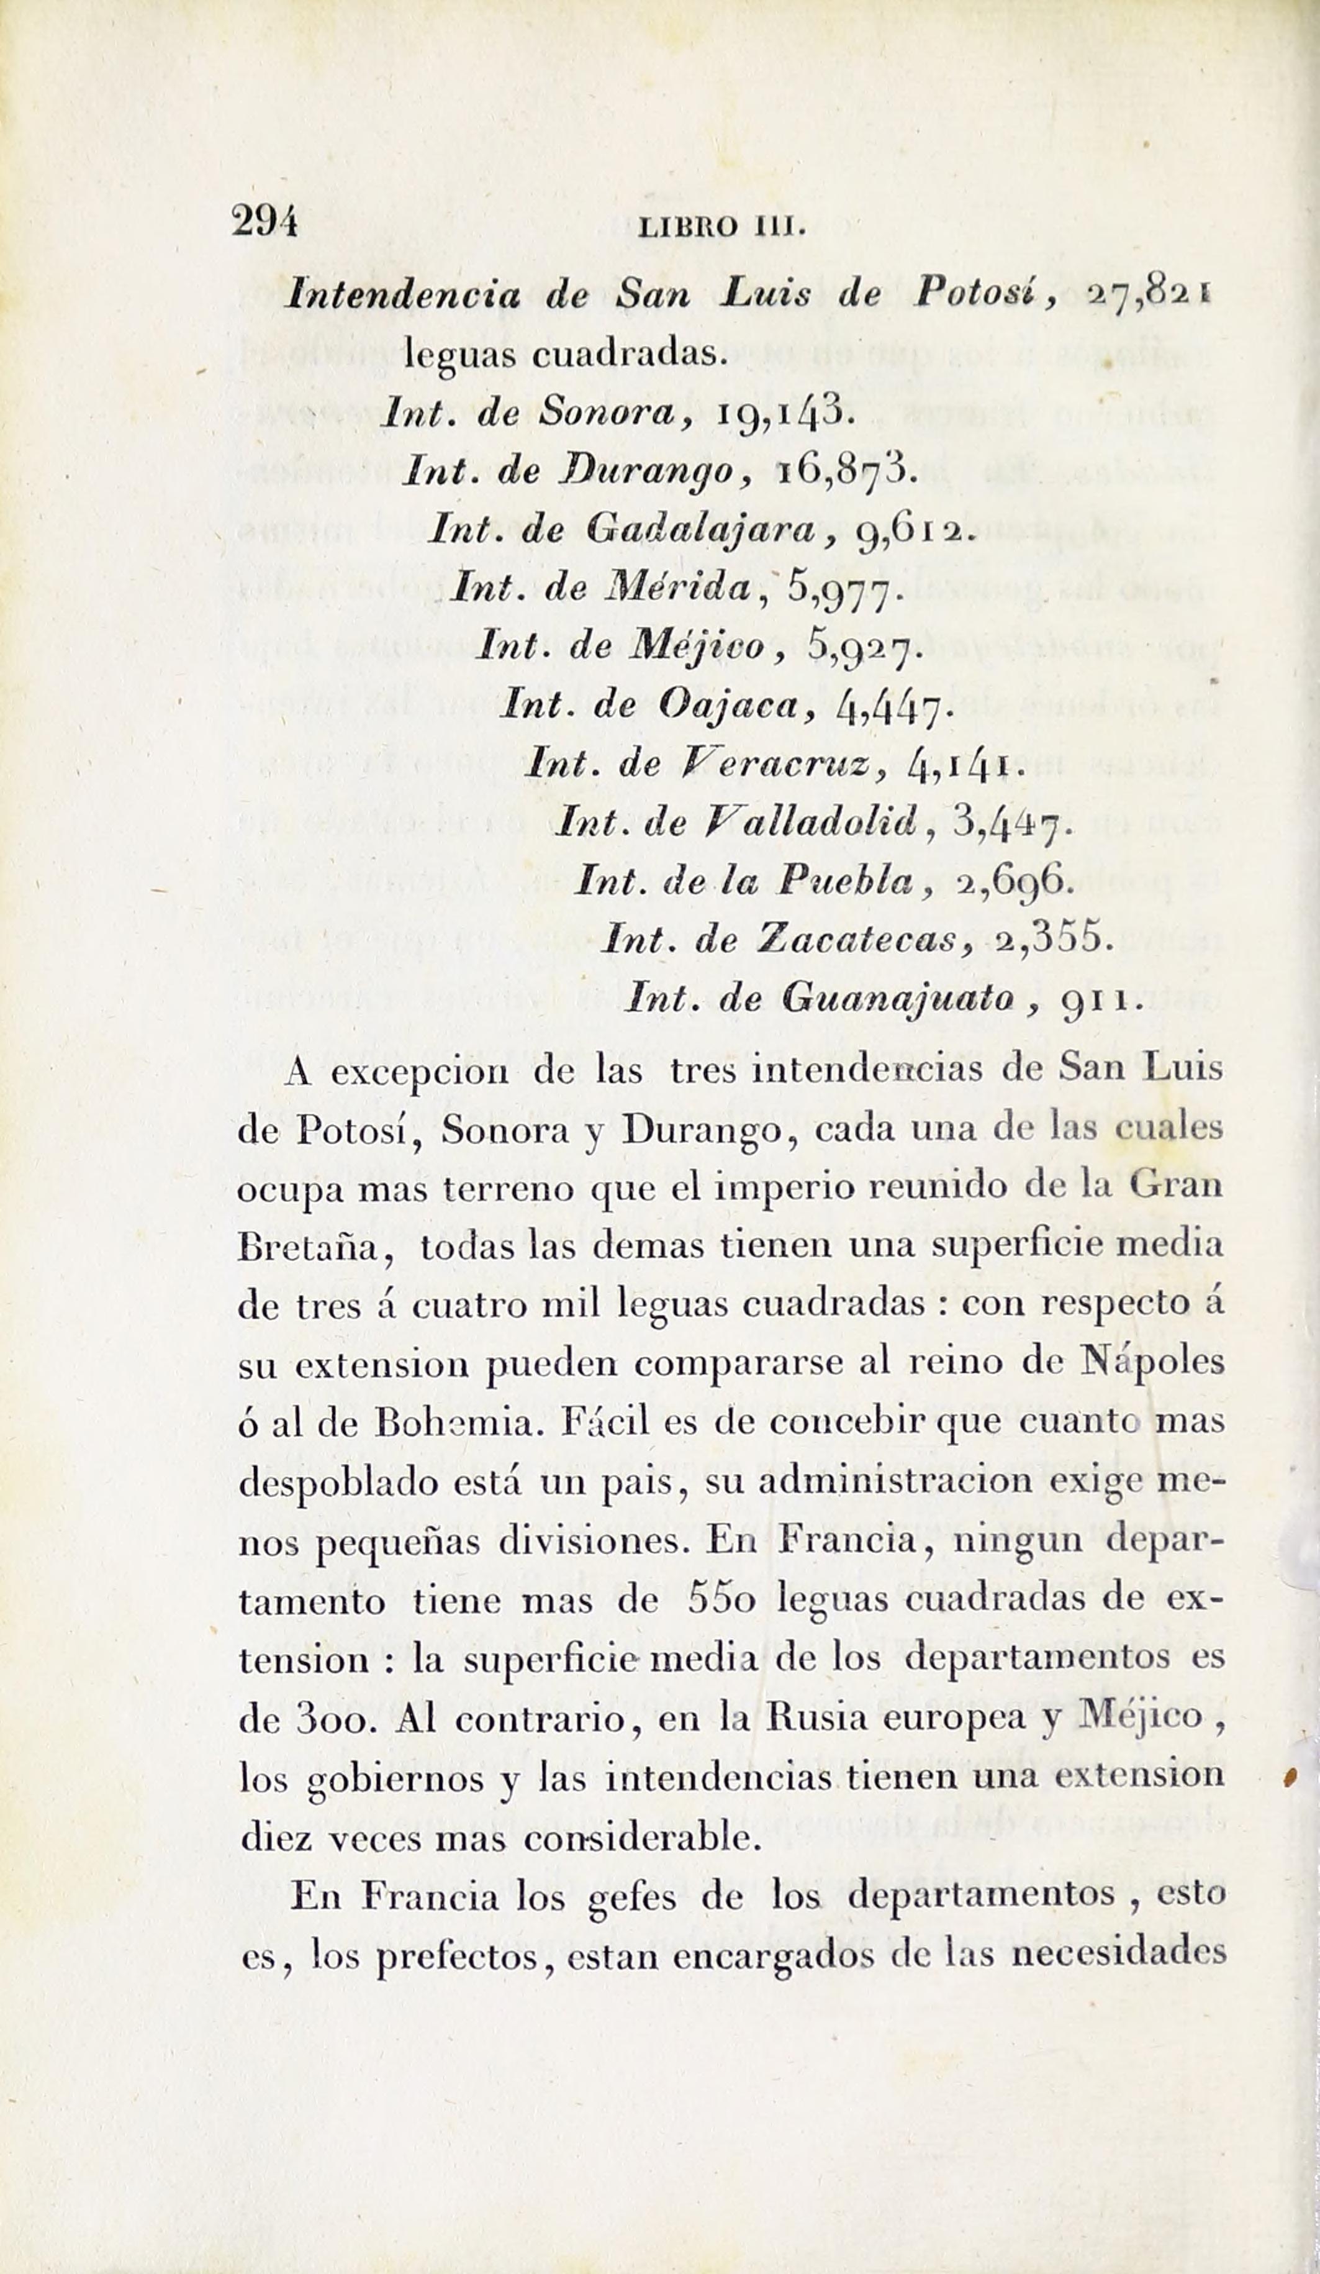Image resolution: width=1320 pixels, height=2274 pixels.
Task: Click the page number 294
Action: (264, 220)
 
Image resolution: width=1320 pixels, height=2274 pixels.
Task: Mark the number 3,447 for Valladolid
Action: (1010, 823)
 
